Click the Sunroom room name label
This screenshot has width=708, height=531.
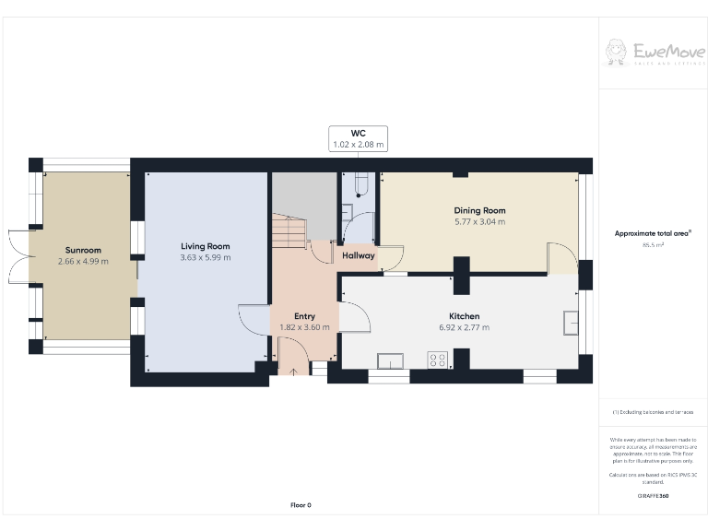click(83, 250)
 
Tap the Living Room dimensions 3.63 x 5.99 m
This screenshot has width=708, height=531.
click(205, 257)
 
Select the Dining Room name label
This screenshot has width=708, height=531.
click(479, 210)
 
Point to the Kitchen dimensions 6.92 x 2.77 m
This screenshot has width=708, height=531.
click(463, 327)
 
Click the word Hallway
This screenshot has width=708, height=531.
click(359, 255)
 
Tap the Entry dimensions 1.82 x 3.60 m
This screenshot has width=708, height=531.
click(304, 327)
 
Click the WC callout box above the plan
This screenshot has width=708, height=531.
click(359, 139)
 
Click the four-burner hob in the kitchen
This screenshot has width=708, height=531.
click(437, 360)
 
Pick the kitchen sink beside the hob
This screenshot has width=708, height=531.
click(391, 360)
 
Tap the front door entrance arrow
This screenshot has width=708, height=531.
click(294, 372)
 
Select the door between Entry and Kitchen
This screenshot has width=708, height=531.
click(355, 317)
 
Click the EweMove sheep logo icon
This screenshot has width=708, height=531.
click(616, 52)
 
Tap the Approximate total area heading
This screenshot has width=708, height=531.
click(654, 233)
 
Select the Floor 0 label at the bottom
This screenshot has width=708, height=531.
click(301, 504)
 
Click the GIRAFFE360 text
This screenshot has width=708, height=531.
click(654, 496)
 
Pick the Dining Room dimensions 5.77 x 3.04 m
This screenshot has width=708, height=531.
click(479, 222)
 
